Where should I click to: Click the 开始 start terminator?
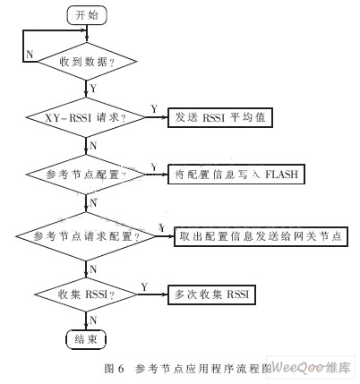coord(87,15)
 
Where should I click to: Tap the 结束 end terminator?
coord(86,339)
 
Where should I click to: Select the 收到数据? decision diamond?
coord(87,62)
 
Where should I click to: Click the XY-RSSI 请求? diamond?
coord(86,117)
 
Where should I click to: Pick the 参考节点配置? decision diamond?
coord(86,175)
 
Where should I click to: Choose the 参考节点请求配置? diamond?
coord(86,236)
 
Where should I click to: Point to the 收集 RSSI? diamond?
coord(86,294)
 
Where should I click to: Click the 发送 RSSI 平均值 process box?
coord(220,117)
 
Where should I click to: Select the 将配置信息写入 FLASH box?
coord(236,175)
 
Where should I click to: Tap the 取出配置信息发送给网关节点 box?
coord(261,236)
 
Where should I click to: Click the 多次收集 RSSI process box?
coord(211,294)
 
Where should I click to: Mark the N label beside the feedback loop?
coord(30,55)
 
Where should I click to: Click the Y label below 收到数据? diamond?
coord(93,89)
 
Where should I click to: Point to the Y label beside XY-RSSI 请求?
coord(154,109)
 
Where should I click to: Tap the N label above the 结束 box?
coord(93,320)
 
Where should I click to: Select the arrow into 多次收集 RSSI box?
coord(153,294)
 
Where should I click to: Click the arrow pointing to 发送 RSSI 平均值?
coord(157,117)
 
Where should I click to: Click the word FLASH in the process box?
coord(282,175)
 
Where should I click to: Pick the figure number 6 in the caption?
coord(121,369)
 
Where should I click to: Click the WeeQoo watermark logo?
coord(311,367)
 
